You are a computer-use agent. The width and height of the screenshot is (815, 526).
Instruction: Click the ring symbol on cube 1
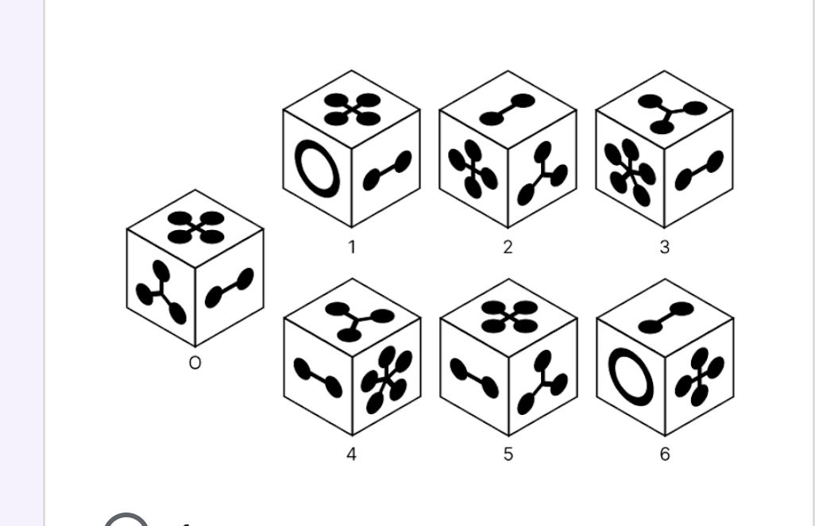[x=317, y=168]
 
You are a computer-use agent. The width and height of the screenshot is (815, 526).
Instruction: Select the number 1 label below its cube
[x=352, y=247]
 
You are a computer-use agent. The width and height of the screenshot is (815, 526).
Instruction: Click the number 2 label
[x=508, y=247]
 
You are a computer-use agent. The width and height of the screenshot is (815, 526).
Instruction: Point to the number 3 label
[x=664, y=247]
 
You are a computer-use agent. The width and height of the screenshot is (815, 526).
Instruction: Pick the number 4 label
[x=352, y=455]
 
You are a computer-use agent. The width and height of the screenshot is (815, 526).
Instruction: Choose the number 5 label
[x=508, y=455]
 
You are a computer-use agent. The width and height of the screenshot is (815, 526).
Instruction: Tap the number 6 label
[x=665, y=455]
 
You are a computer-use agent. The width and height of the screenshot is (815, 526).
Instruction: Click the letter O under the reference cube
[x=195, y=363]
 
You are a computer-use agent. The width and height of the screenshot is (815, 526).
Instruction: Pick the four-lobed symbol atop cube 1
[x=352, y=109]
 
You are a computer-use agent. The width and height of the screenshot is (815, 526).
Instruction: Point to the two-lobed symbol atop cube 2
[x=508, y=109]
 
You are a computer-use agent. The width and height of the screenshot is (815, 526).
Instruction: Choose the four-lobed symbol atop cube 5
[x=508, y=316]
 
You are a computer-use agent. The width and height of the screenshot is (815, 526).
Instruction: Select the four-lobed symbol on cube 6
[x=699, y=377]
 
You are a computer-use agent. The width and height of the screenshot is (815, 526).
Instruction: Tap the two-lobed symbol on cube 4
[x=318, y=376]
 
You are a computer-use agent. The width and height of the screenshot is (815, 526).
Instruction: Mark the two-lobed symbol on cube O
[x=230, y=288]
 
